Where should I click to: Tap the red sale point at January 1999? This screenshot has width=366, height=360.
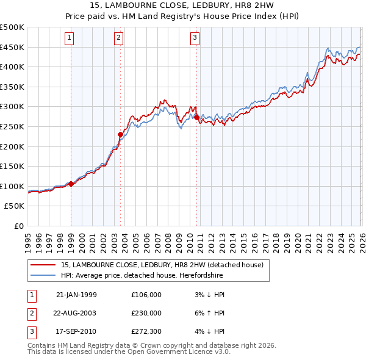71,183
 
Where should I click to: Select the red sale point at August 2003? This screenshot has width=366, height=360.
120,134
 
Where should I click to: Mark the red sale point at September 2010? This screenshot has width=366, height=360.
196,117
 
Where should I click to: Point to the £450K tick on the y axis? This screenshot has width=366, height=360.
12,47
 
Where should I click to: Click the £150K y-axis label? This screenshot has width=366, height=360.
12,166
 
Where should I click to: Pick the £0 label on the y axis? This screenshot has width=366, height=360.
19,226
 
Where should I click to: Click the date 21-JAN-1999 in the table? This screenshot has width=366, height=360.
76,295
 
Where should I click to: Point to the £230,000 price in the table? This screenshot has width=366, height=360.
146,313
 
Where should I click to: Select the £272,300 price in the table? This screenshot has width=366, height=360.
146,331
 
